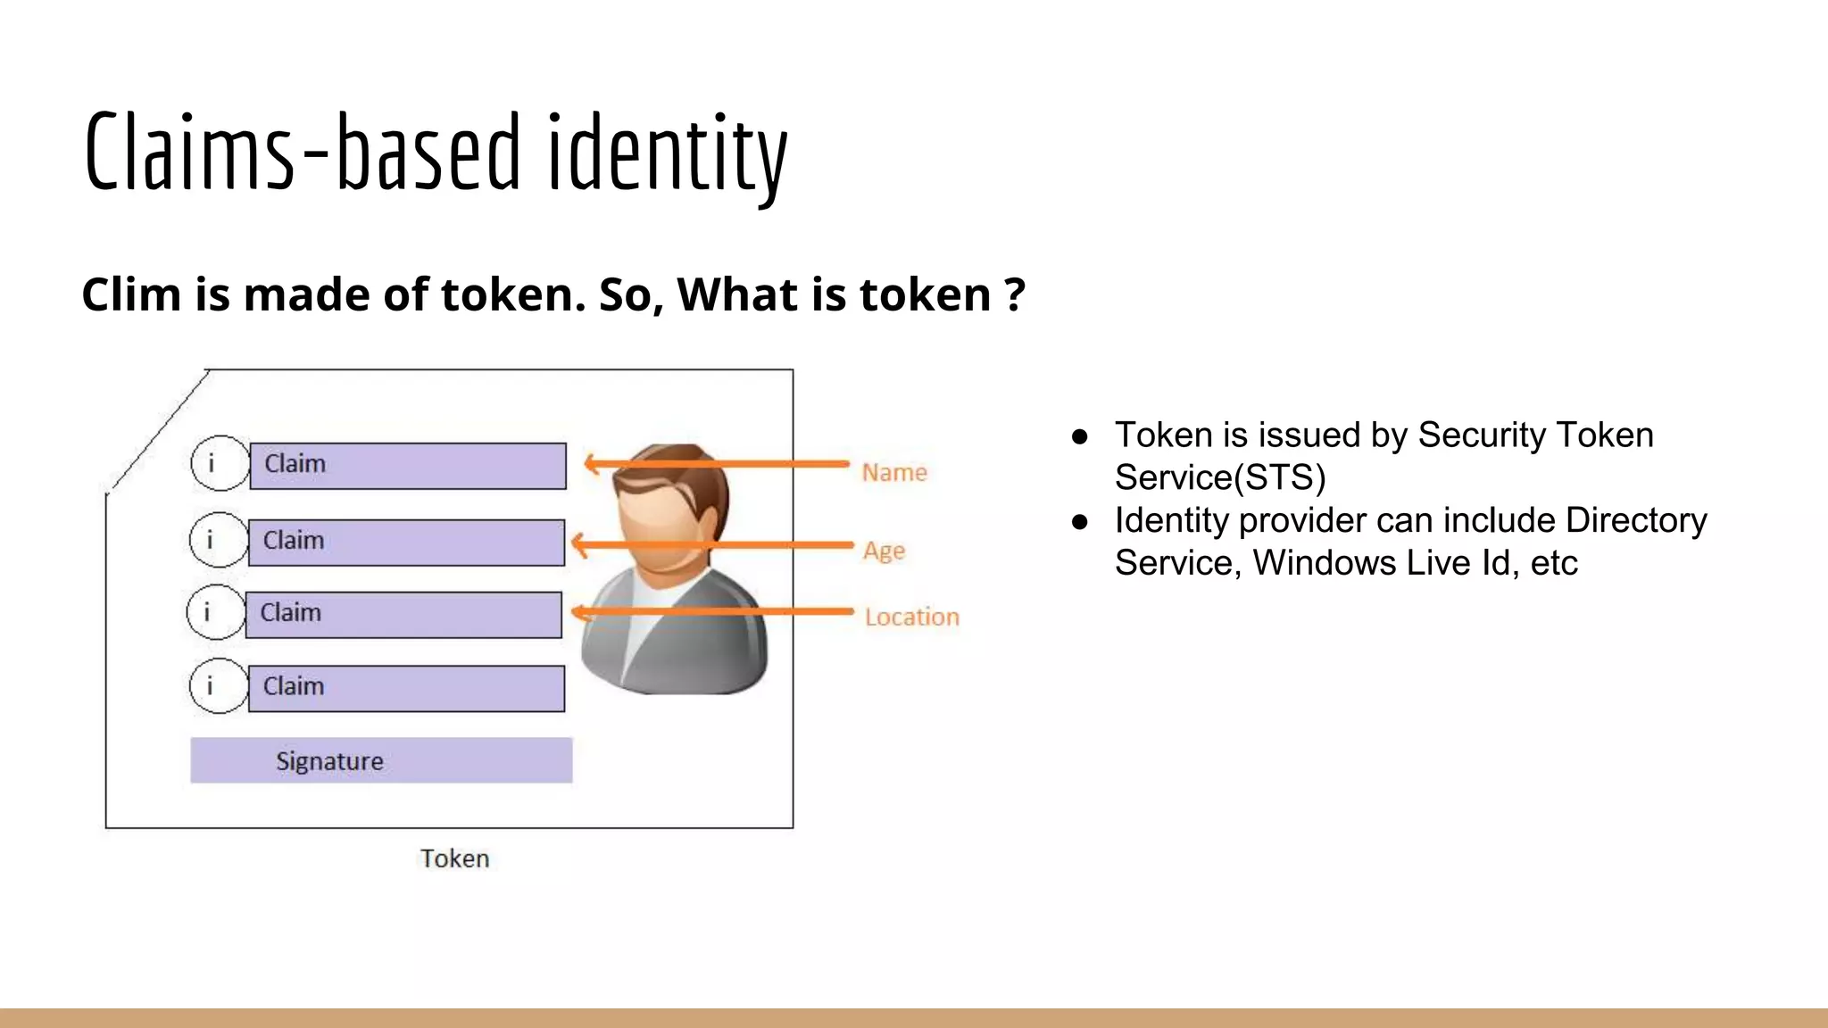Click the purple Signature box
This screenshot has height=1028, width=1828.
(381, 760)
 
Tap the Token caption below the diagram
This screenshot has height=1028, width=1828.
(454, 858)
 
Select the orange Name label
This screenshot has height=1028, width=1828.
(894, 472)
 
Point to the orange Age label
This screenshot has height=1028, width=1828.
(884, 550)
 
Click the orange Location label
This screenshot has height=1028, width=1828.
(911, 617)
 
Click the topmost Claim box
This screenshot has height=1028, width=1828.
(407, 466)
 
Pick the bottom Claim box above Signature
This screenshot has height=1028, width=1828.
(405, 688)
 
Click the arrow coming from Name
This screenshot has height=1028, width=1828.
(714, 464)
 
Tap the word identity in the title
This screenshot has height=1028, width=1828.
(667, 153)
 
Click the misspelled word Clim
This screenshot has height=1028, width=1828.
(131, 294)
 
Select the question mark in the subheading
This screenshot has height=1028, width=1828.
(1014, 294)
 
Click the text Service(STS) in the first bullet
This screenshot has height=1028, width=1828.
(1219, 477)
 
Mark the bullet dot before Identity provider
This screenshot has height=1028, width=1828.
(1080, 521)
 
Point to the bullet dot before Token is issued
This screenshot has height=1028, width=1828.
(1080, 436)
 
